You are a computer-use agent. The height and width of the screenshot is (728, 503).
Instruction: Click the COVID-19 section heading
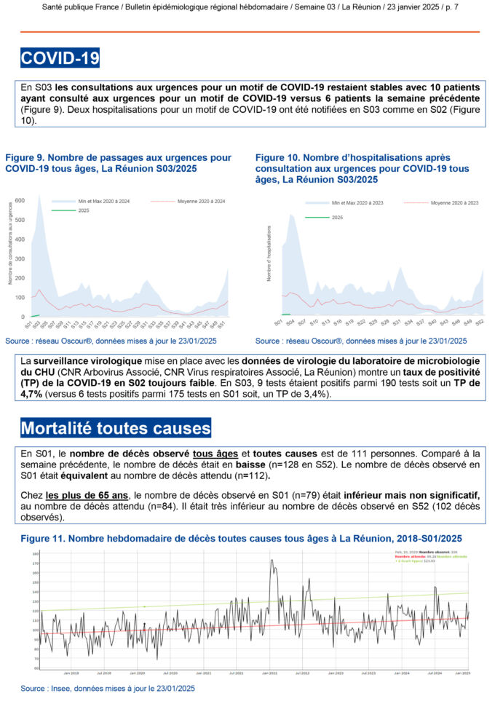[60, 58]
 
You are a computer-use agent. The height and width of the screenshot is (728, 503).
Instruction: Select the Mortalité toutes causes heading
[116, 427]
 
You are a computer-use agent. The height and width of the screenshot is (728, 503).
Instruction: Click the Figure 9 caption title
[118, 162]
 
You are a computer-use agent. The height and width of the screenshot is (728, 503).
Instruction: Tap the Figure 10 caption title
[363, 168]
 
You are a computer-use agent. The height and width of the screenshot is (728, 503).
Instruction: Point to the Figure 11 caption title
[241, 539]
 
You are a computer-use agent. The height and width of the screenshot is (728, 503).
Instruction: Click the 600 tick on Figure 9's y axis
[20, 200]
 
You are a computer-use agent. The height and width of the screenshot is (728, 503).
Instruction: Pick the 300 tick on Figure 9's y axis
[20, 258]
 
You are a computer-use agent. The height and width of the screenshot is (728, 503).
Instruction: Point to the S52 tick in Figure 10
[480, 322]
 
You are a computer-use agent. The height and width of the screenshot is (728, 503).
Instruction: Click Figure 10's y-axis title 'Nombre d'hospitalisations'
[269, 253]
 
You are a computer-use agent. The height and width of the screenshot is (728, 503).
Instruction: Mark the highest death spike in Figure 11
[272, 560]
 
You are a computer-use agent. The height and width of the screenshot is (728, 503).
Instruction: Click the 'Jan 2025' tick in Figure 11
[463, 673]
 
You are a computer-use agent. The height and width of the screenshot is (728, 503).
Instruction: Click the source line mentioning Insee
[108, 687]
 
